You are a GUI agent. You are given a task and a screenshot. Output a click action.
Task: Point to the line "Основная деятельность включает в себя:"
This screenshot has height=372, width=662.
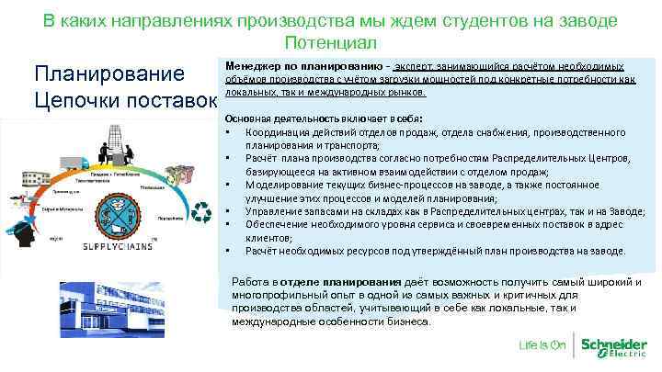(x=308, y=119)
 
